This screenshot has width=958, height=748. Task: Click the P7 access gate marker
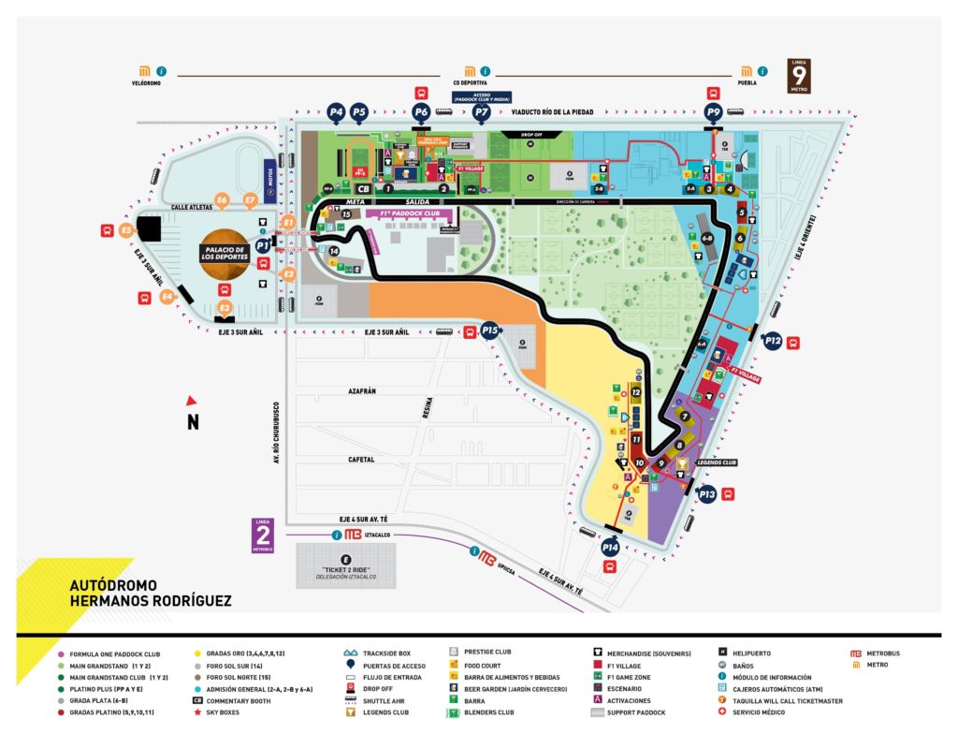point(482,112)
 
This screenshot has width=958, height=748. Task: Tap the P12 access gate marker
point(773,342)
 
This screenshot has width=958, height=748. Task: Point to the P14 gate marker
point(611,547)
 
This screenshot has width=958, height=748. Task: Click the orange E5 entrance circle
point(127,229)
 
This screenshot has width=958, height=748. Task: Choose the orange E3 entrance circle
point(225,307)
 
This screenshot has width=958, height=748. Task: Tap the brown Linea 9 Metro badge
point(799,75)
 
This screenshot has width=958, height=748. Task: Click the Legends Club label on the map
point(717,462)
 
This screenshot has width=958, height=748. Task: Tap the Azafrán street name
point(361,391)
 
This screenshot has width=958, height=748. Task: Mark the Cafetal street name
point(361,460)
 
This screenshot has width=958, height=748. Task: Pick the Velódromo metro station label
point(148,82)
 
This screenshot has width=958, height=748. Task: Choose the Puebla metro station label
point(747,82)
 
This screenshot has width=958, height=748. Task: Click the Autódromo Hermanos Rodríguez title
point(150,592)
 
